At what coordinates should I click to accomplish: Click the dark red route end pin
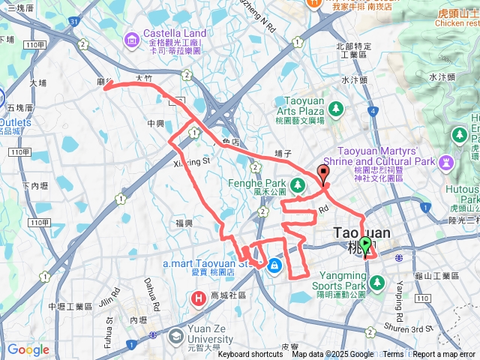(323, 172)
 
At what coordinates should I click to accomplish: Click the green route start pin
(365, 244)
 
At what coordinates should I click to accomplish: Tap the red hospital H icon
(199, 299)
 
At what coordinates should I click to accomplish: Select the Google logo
(28, 349)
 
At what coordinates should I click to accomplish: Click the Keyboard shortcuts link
(250, 355)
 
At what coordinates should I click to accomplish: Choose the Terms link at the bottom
(393, 355)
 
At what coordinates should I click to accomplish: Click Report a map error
(444, 355)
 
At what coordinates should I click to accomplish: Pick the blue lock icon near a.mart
(274, 265)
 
